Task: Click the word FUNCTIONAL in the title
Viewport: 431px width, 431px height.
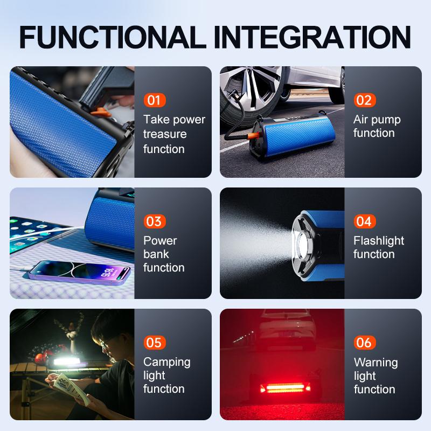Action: point(113,37)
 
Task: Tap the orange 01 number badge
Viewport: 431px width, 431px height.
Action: point(155,100)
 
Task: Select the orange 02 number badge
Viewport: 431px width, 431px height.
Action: point(365,100)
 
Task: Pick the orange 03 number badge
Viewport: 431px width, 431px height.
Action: point(155,221)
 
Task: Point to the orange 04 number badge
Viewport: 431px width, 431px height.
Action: point(365,221)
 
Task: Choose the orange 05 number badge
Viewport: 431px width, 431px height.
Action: point(155,343)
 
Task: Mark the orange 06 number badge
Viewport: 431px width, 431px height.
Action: point(365,343)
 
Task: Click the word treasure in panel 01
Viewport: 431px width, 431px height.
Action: point(165,134)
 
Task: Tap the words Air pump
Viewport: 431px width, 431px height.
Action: point(377,120)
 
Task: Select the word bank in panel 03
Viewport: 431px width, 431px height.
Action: point(156,254)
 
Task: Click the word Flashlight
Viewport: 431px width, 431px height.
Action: point(379,241)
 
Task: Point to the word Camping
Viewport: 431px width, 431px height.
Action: point(167,363)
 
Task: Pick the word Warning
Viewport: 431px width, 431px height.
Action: point(376,363)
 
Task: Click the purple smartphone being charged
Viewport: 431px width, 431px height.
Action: point(80,272)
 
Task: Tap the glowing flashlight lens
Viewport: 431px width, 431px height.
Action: point(302,244)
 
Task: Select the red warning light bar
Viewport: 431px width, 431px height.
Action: point(285,388)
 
